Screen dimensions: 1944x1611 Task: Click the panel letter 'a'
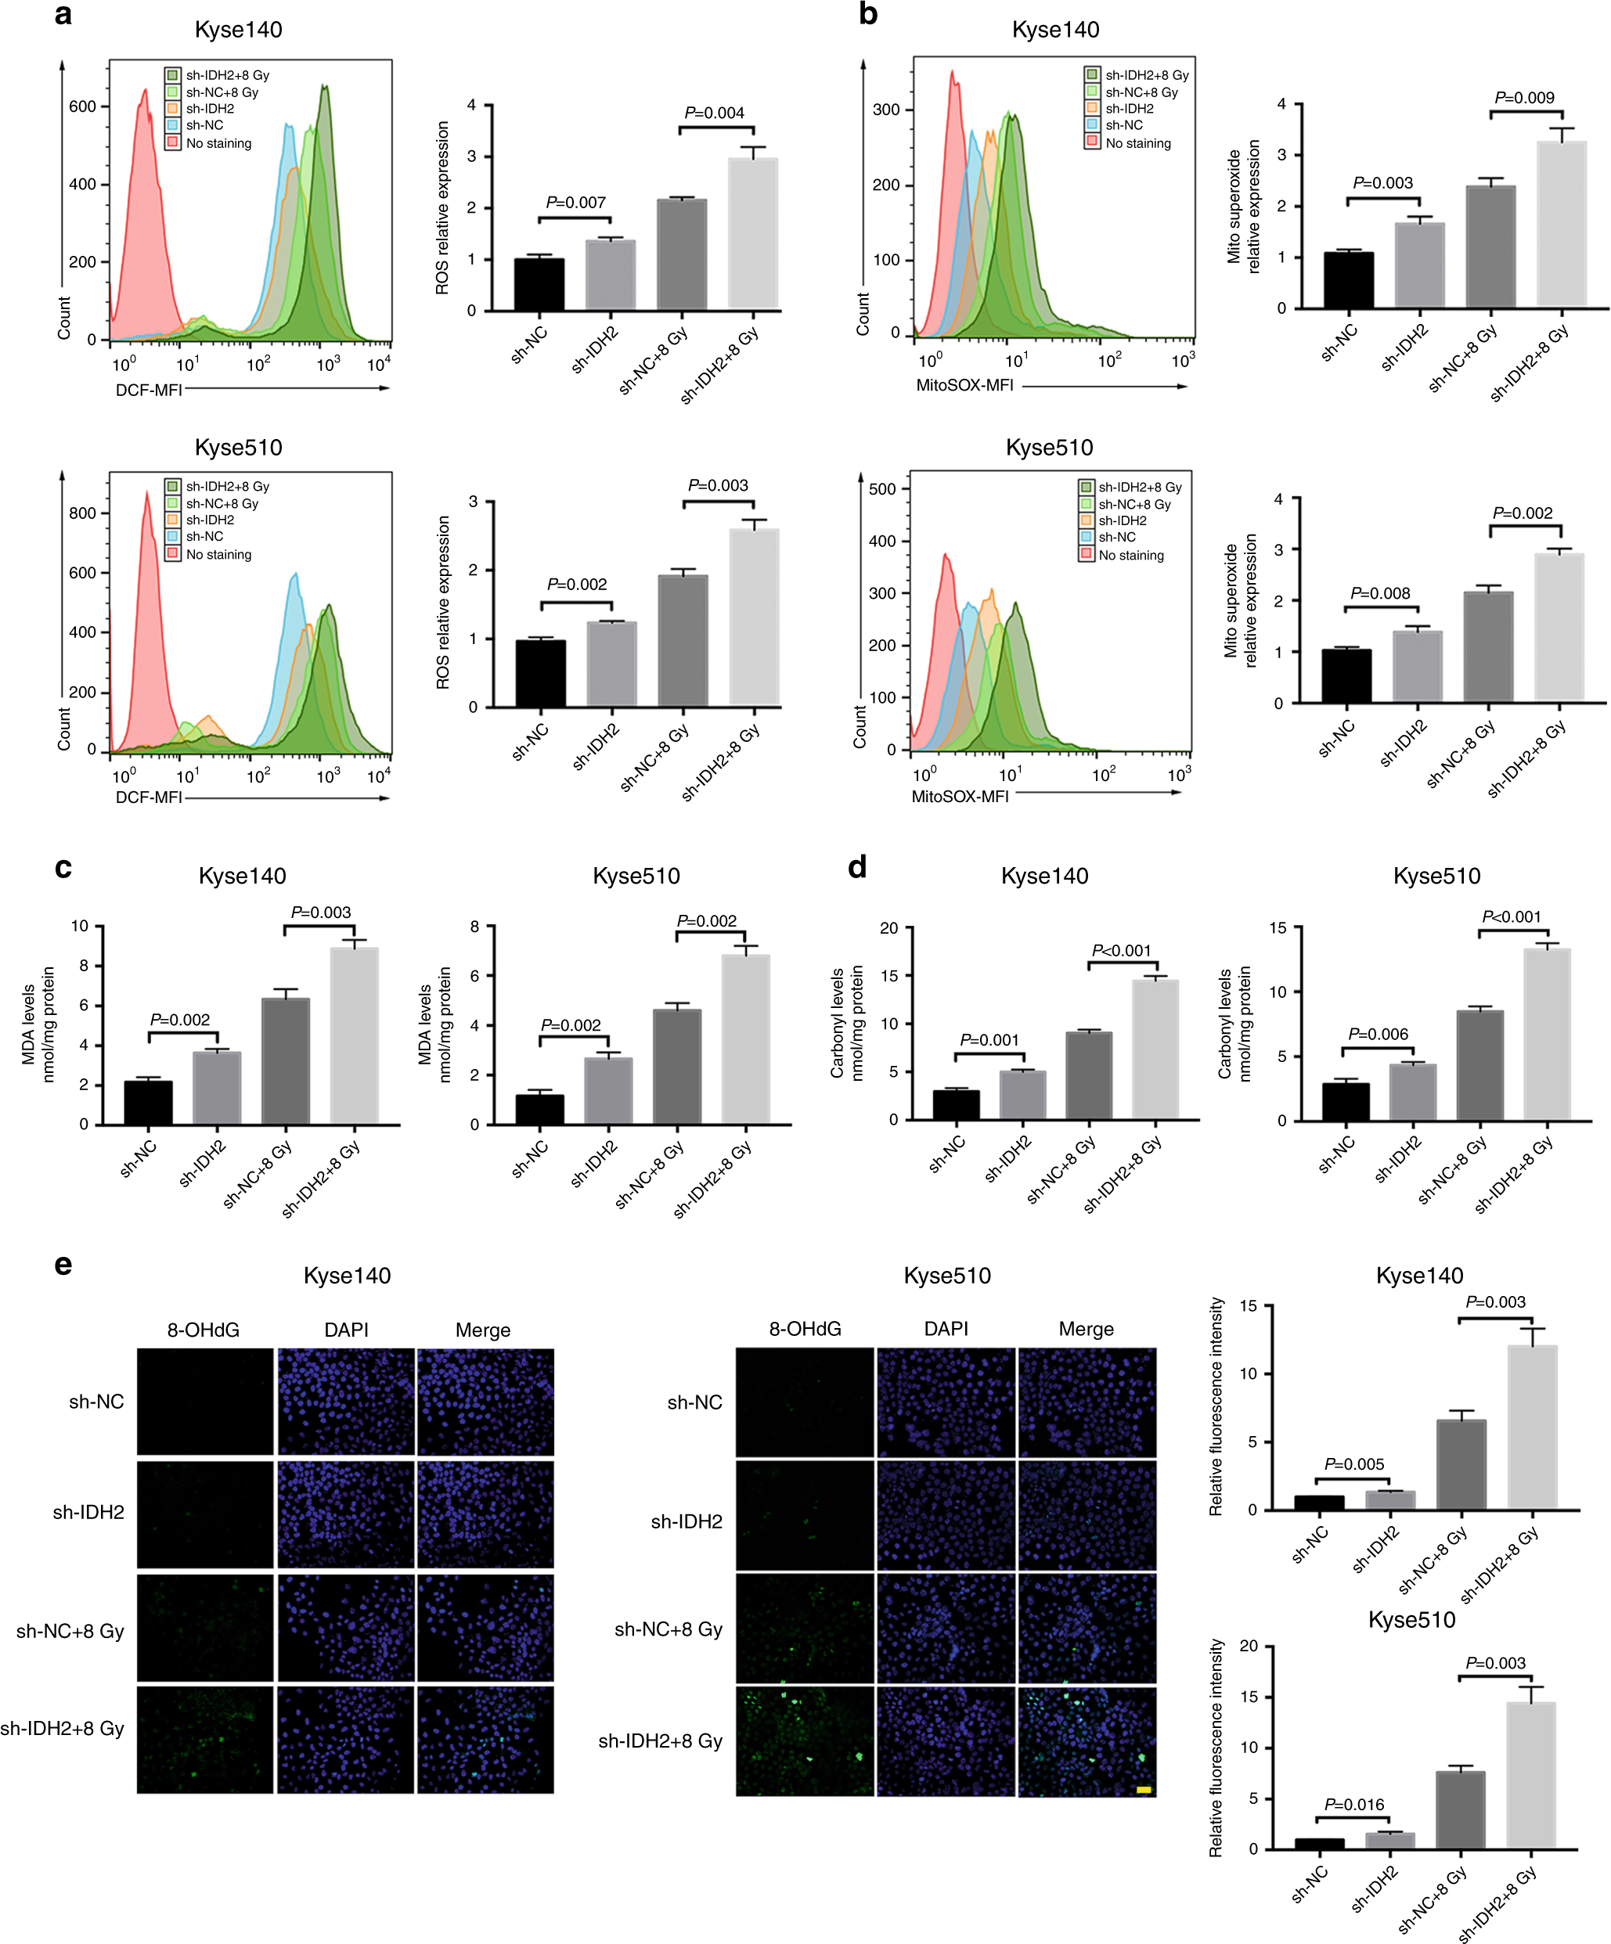62,16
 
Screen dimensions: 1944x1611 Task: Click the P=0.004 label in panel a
714,113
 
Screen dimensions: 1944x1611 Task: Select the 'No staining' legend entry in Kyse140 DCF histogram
218,143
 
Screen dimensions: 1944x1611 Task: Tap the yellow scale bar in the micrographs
1144,1789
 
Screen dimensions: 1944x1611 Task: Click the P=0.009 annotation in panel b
1524,98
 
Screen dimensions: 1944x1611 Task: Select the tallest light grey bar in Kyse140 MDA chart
355,1035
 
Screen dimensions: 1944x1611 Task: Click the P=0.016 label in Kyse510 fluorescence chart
1353,1804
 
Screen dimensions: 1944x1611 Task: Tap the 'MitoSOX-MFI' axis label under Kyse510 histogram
960,797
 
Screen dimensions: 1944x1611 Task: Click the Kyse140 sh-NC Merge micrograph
485,1401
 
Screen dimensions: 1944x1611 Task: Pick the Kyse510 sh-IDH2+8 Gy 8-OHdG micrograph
805,1741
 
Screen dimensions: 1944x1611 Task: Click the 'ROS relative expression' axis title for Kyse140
442,208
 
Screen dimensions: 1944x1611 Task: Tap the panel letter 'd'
857,866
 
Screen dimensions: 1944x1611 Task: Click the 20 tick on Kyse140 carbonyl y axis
888,927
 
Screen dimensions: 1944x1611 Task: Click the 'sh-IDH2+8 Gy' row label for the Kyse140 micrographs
62,1728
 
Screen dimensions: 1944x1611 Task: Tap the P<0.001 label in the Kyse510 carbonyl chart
1511,916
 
